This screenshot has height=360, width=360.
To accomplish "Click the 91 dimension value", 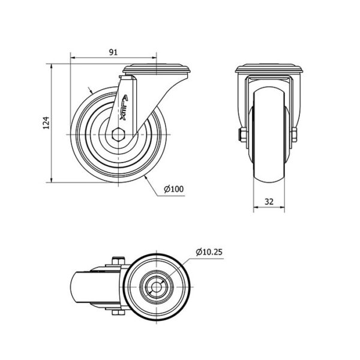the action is [113, 52].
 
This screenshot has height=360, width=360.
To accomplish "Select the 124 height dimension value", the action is [46, 123].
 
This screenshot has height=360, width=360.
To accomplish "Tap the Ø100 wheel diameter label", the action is [174, 189].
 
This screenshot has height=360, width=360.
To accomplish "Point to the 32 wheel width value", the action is [269, 202].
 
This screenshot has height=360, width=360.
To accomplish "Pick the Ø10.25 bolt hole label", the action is [209, 252].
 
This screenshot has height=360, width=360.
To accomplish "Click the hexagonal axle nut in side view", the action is [118, 134].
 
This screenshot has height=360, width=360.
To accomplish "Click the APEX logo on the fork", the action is [124, 107].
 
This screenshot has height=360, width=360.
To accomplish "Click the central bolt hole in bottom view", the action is [156, 287].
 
